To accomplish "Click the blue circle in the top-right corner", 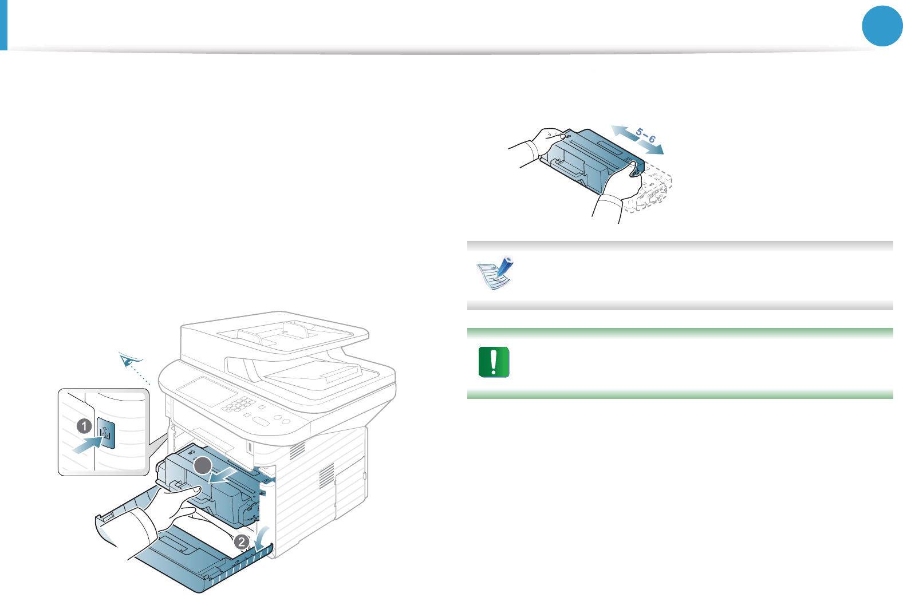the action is point(882,26).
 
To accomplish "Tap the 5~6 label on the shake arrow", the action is point(645,136).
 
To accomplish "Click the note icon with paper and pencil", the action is point(495,273).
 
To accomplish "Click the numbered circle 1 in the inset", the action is point(84,426).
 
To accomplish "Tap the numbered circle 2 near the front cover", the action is point(242,541).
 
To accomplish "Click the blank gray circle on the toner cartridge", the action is point(203,466).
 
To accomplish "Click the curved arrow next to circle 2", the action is point(261,538).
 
